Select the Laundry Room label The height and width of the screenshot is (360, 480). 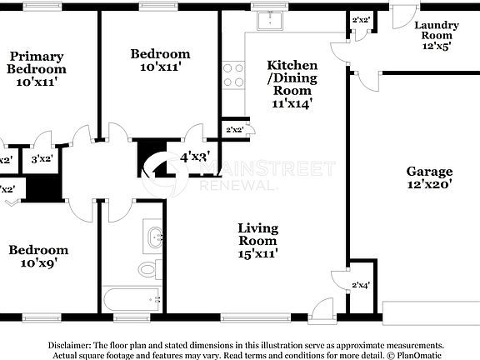(x=433, y=35)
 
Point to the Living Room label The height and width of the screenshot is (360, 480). (x=257, y=239)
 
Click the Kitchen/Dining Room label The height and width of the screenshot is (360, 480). (x=291, y=84)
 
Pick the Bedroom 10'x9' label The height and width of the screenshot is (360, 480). (x=37, y=256)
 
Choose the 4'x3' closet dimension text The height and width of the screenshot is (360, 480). (x=195, y=156)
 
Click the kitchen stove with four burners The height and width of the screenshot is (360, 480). (x=233, y=75)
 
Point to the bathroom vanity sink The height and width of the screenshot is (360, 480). (x=153, y=237)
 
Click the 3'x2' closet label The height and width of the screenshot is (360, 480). (x=42, y=159)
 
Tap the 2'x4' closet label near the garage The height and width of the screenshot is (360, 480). (x=360, y=285)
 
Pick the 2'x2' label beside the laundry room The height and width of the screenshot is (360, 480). (x=361, y=19)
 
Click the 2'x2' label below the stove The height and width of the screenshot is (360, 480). (x=234, y=129)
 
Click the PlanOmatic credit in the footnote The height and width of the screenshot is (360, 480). (x=417, y=355)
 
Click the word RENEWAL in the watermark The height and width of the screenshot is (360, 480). (x=237, y=185)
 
